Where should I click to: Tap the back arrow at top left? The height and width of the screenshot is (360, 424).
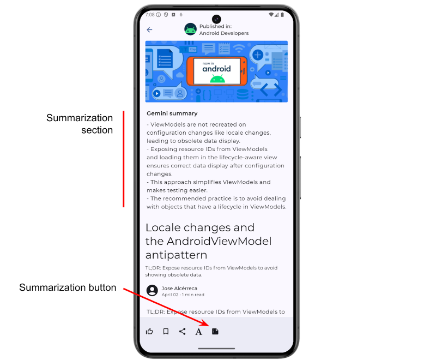tap(149, 30)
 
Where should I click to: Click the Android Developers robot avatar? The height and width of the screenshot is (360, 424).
tap(190, 29)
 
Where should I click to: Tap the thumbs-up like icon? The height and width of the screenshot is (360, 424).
tap(149, 331)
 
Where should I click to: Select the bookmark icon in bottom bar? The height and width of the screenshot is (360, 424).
tap(166, 331)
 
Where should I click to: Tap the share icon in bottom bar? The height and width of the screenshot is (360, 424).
tap(182, 331)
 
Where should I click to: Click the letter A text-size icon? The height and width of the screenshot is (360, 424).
tap(199, 332)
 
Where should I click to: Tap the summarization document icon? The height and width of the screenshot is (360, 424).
tap(215, 331)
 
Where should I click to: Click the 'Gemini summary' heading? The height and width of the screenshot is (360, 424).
tap(172, 113)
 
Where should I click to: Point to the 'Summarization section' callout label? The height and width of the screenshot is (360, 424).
tap(80, 124)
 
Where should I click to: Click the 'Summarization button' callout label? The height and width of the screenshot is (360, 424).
tap(68, 287)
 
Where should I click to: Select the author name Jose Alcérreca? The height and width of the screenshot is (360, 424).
tap(179, 288)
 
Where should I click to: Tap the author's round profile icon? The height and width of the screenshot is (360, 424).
tap(152, 290)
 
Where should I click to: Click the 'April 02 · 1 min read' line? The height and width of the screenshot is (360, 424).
tap(183, 295)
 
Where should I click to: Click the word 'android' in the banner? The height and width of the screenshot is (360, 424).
tap(216, 69)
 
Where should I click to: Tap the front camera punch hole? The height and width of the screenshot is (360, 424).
tap(216, 19)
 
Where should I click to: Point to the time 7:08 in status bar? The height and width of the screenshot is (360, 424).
tap(150, 15)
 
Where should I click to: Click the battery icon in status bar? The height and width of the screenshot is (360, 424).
tap(282, 15)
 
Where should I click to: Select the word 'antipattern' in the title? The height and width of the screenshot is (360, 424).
tap(177, 255)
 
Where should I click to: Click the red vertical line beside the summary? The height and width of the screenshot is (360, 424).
tap(124, 159)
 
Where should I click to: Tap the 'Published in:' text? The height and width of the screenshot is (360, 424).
tap(215, 26)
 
